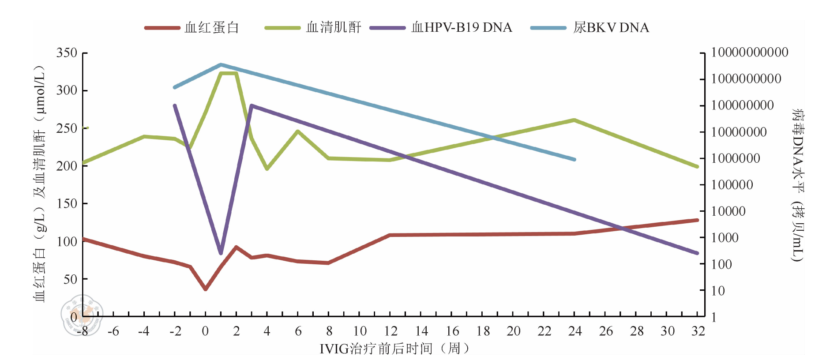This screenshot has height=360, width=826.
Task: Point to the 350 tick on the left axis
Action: pos(67,53)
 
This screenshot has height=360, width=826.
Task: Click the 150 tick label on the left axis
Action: pos(67,204)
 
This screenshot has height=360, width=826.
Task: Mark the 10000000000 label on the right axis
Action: pos(750,52)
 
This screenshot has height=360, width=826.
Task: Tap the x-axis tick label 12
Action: pos(390,331)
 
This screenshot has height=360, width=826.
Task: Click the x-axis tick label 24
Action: pos(574,331)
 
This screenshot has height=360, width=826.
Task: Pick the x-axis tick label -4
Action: pos(143,331)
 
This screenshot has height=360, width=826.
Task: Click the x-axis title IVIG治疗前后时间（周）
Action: pos(395,349)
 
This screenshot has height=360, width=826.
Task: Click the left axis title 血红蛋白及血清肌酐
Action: pos(40,183)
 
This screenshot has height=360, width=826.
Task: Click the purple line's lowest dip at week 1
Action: pos(221,253)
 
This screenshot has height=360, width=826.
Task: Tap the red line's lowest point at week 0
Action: pos(206,289)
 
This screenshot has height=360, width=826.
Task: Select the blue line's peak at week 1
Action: pos(221,64)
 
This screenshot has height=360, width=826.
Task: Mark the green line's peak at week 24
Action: pos(574,120)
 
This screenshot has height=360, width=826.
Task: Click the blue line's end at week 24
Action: pos(574,159)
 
